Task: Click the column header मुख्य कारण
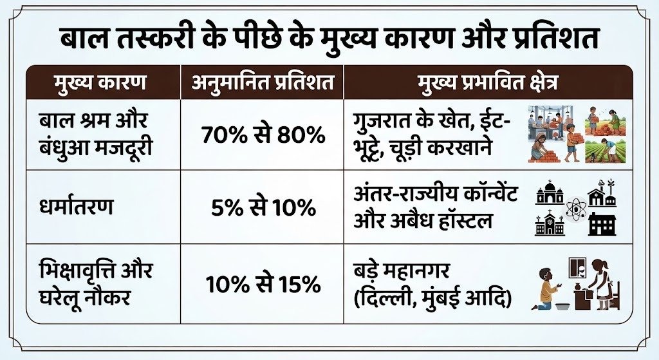click(100, 82)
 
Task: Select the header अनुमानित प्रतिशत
click(263, 82)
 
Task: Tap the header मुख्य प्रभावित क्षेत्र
click(488, 82)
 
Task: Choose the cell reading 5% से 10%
click(263, 207)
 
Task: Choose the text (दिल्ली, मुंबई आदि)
click(433, 299)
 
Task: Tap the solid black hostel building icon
click(602, 223)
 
